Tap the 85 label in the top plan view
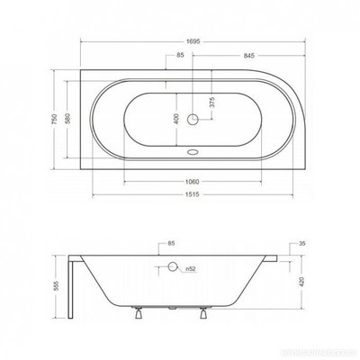point(181,56)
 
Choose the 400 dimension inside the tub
point(176,117)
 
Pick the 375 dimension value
point(211,102)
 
